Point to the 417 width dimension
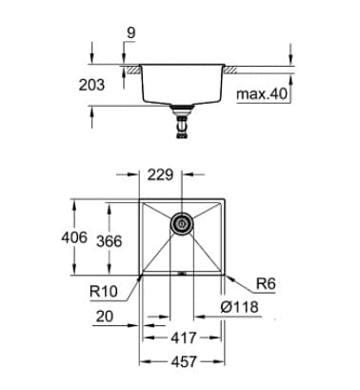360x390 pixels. [x=181, y=336]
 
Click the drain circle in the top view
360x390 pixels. [x=181, y=225]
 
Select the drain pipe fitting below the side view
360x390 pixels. [x=181, y=121]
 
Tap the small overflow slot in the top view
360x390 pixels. [x=181, y=271]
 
